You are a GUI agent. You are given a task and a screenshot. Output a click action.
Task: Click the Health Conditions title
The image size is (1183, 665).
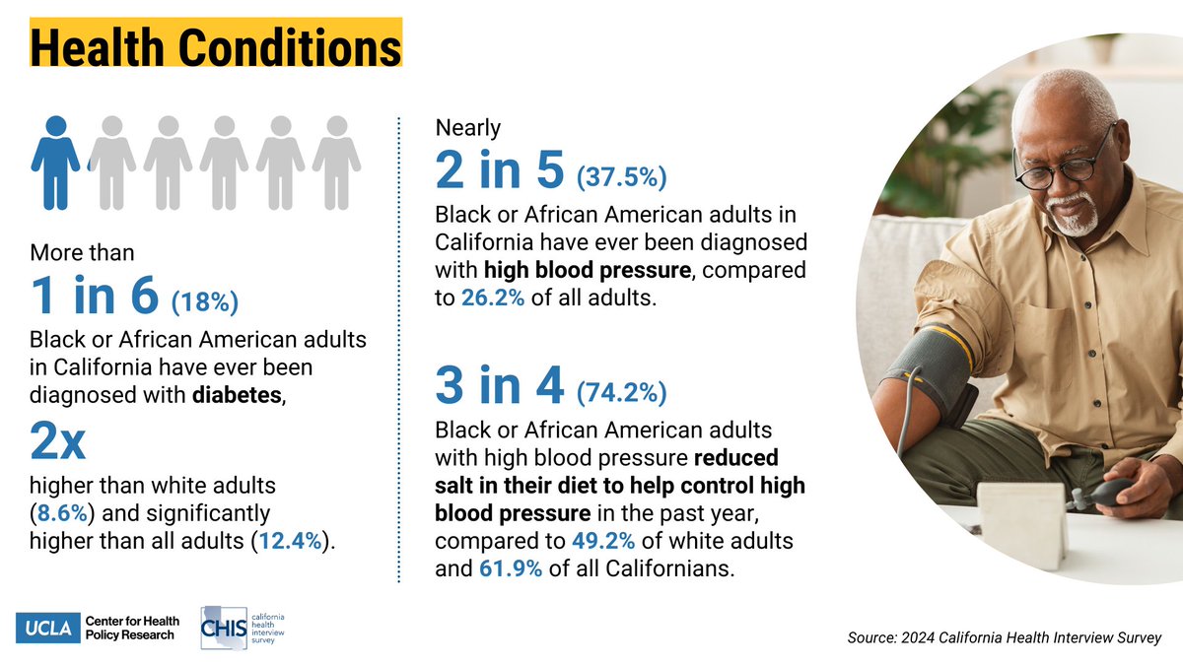coord(215,43)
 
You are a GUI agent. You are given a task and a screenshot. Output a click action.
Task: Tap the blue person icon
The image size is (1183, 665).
coord(55,163)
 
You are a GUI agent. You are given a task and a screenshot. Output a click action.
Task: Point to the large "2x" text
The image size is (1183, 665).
coord(58,445)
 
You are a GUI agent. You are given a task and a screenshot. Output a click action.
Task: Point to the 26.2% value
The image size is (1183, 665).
coord(493,298)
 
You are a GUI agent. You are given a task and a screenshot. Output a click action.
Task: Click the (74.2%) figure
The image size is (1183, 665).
coord(622,393)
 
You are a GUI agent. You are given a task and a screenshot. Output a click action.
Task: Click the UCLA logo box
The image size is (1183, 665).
coord(47,628)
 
